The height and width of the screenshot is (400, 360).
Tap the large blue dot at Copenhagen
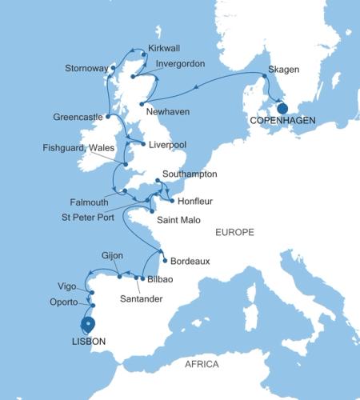(282, 107)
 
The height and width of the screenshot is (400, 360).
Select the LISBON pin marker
(88, 324)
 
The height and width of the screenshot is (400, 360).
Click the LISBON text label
(84, 341)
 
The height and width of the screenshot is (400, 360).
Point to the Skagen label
(284, 70)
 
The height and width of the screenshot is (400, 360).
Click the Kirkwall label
(166, 48)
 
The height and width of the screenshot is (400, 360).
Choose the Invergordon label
(182, 63)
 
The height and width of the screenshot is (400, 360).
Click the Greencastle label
(78, 116)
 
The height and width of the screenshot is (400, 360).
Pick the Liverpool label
(170, 145)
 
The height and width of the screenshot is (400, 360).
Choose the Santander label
(140, 298)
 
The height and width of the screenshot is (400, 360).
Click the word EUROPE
(234, 232)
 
